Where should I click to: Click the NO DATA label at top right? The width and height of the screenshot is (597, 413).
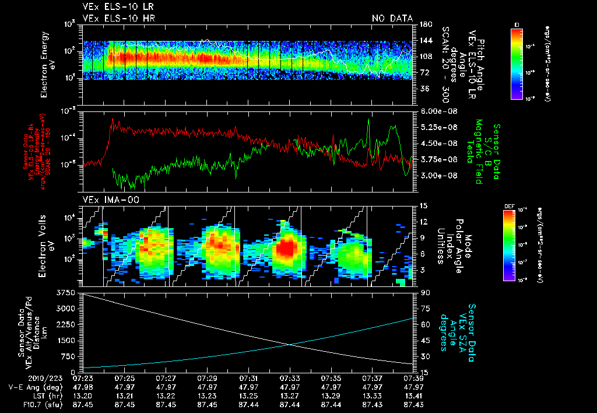click(x=392, y=18)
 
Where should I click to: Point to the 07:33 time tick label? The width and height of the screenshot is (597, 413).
click(x=290, y=378)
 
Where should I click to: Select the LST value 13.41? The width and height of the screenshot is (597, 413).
click(x=413, y=395)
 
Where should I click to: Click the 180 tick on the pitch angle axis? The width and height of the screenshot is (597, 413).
click(x=424, y=24)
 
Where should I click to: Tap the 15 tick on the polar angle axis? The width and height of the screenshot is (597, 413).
click(x=422, y=206)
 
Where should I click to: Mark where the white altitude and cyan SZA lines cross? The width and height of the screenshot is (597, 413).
click(x=290, y=344)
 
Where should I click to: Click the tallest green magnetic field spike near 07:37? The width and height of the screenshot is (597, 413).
click(x=369, y=120)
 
